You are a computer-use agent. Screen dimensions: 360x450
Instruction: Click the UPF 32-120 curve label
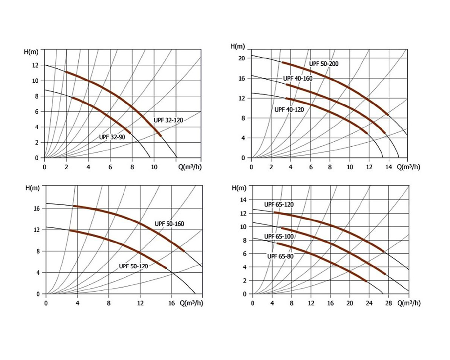coord(169,120)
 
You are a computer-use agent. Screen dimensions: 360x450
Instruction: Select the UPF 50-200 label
coord(324,64)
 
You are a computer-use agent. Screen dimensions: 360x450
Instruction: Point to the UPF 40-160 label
coord(297,78)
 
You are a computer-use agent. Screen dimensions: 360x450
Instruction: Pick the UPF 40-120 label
coord(289,109)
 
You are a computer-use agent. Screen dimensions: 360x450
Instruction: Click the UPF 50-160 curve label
coord(170,224)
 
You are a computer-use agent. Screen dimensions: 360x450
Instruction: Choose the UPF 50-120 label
coord(134,266)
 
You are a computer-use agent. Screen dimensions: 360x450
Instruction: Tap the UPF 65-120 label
coord(279,204)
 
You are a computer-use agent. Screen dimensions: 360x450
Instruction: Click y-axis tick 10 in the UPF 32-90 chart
coord(35,81)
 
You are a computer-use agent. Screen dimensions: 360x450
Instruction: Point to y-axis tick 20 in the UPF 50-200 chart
coord(241,58)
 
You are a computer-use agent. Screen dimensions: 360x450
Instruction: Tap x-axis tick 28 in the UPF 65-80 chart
coord(388,303)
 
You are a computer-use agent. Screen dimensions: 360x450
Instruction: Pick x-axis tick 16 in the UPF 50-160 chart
coord(172,303)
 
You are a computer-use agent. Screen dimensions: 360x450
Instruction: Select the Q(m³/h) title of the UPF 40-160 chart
coord(409,167)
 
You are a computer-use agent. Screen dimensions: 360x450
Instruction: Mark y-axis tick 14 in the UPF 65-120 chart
coord(243,200)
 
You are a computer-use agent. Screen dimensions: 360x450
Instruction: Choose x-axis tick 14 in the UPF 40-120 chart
coord(388,167)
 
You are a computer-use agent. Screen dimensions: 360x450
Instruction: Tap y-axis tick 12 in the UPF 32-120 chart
coord(35,66)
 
